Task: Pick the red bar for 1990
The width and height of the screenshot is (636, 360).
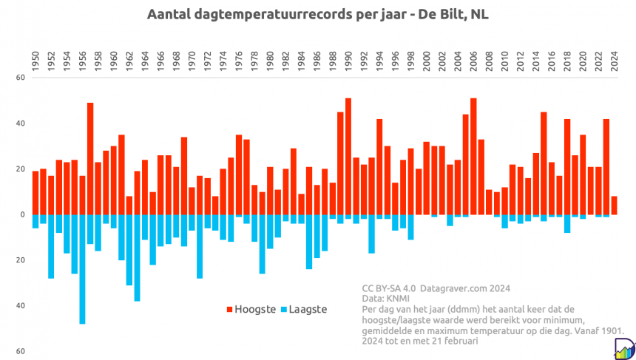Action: tap(348, 156)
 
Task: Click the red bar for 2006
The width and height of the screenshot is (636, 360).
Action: tap(473, 156)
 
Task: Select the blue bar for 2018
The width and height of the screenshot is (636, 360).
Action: tap(567, 223)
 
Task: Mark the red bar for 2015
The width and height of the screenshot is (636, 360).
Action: tap(544, 163)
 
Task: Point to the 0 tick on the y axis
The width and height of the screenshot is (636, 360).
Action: tap(21, 214)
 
